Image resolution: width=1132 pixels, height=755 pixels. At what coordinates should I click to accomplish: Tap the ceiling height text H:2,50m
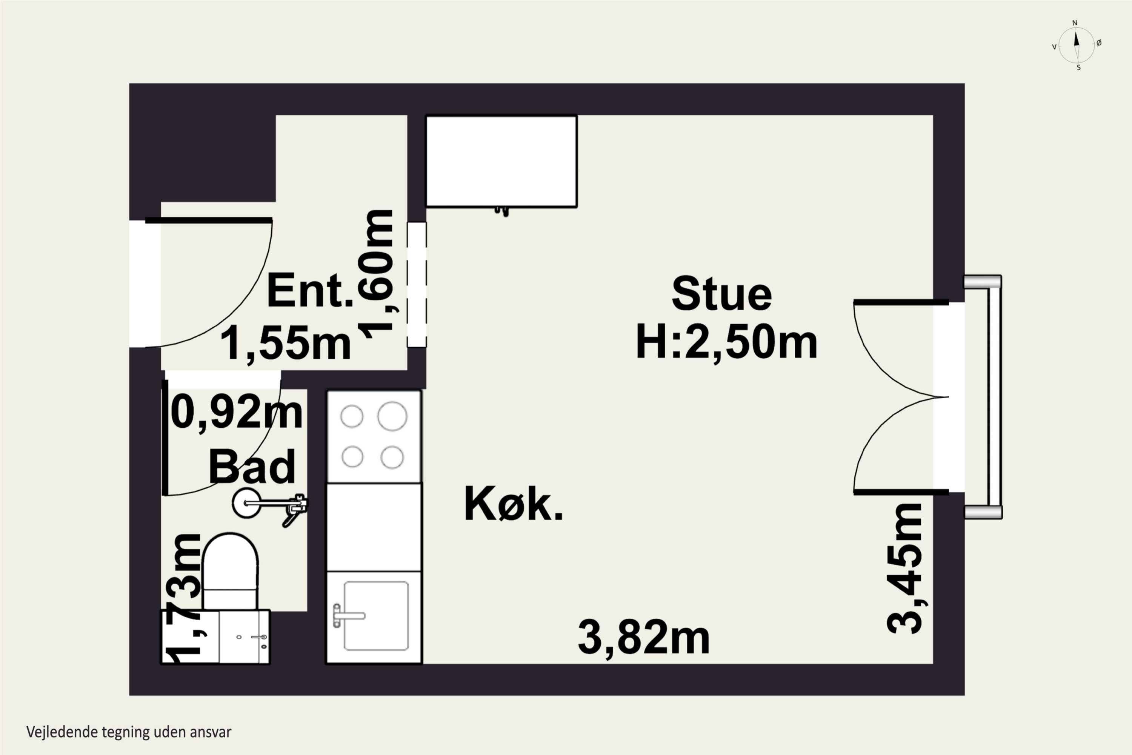pyautogui.click(x=726, y=342)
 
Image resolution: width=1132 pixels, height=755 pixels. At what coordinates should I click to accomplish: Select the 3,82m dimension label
pyautogui.click(x=643, y=638)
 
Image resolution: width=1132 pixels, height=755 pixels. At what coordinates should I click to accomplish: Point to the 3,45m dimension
pyautogui.click(x=905, y=569)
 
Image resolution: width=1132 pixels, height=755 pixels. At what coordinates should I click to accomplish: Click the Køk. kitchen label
pyautogui.click(x=513, y=504)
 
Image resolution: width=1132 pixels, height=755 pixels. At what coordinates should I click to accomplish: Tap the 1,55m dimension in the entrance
pyautogui.click(x=285, y=342)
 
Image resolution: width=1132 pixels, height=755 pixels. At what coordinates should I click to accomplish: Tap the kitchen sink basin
pyautogui.click(x=376, y=616)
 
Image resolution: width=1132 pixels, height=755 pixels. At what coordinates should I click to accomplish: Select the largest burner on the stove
pyautogui.click(x=392, y=416)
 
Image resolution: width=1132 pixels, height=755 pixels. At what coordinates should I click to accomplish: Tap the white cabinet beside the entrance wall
pyautogui.click(x=501, y=161)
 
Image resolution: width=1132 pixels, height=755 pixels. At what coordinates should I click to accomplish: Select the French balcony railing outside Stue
pyautogui.click(x=994, y=397)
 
